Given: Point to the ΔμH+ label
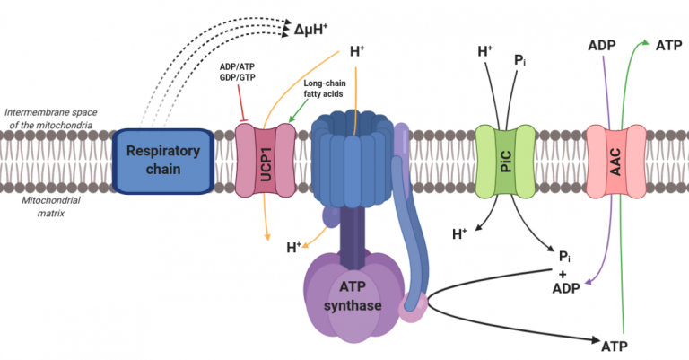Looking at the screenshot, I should [313, 31].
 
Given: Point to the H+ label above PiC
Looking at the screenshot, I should [484, 51].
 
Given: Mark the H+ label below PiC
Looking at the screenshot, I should [459, 234].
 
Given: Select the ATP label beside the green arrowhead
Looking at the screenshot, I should [668, 44].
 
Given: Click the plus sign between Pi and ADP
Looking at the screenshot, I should [565, 273].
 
